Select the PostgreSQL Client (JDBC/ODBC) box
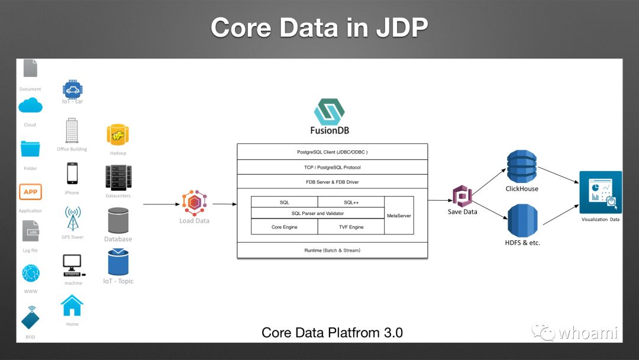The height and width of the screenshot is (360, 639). [x=332, y=152]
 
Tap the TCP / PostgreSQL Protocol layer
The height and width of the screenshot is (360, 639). [x=332, y=167]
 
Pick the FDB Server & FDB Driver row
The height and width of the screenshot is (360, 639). [x=332, y=182]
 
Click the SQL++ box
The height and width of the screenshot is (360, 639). [x=351, y=202]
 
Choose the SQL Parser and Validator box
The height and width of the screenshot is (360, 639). [x=318, y=213]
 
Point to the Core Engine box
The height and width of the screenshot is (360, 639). [x=285, y=227]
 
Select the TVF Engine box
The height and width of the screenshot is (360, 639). [x=351, y=227]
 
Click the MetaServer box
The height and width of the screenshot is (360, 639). [x=399, y=216]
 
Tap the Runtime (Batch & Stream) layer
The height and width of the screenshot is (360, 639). [x=332, y=250]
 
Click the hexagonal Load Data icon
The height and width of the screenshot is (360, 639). [x=193, y=203]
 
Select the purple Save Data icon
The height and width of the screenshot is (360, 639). [x=461, y=196]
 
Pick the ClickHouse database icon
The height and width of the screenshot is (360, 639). [x=521, y=166]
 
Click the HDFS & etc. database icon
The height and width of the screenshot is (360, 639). [x=522, y=221]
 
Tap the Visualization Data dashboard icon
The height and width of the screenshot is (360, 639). [x=600, y=192]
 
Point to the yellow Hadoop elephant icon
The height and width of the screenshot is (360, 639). [x=118, y=135]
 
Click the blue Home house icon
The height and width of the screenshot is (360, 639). [x=72, y=306]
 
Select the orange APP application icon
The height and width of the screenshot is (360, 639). [x=30, y=192]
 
